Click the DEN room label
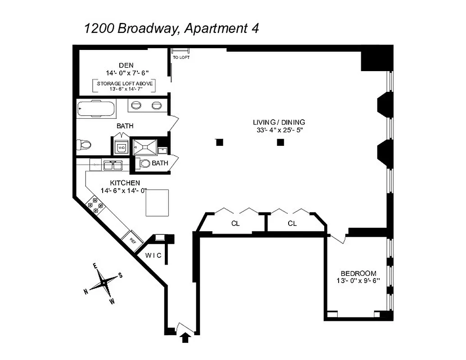point(126,65)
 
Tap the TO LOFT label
point(181,58)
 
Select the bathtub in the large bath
point(95,108)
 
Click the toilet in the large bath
point(84,145)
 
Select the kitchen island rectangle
point(157,203)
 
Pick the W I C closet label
point(153,256)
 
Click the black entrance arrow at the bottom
point(185,338)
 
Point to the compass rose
point(104,283)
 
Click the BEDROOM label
point(358,273)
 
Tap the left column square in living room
point(219,142)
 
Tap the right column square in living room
point(281,142)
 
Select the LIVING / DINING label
point(279,122)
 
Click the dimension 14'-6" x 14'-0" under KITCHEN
point(125,190)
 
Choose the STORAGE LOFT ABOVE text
point(125,83)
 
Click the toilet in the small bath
point(145,163)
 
